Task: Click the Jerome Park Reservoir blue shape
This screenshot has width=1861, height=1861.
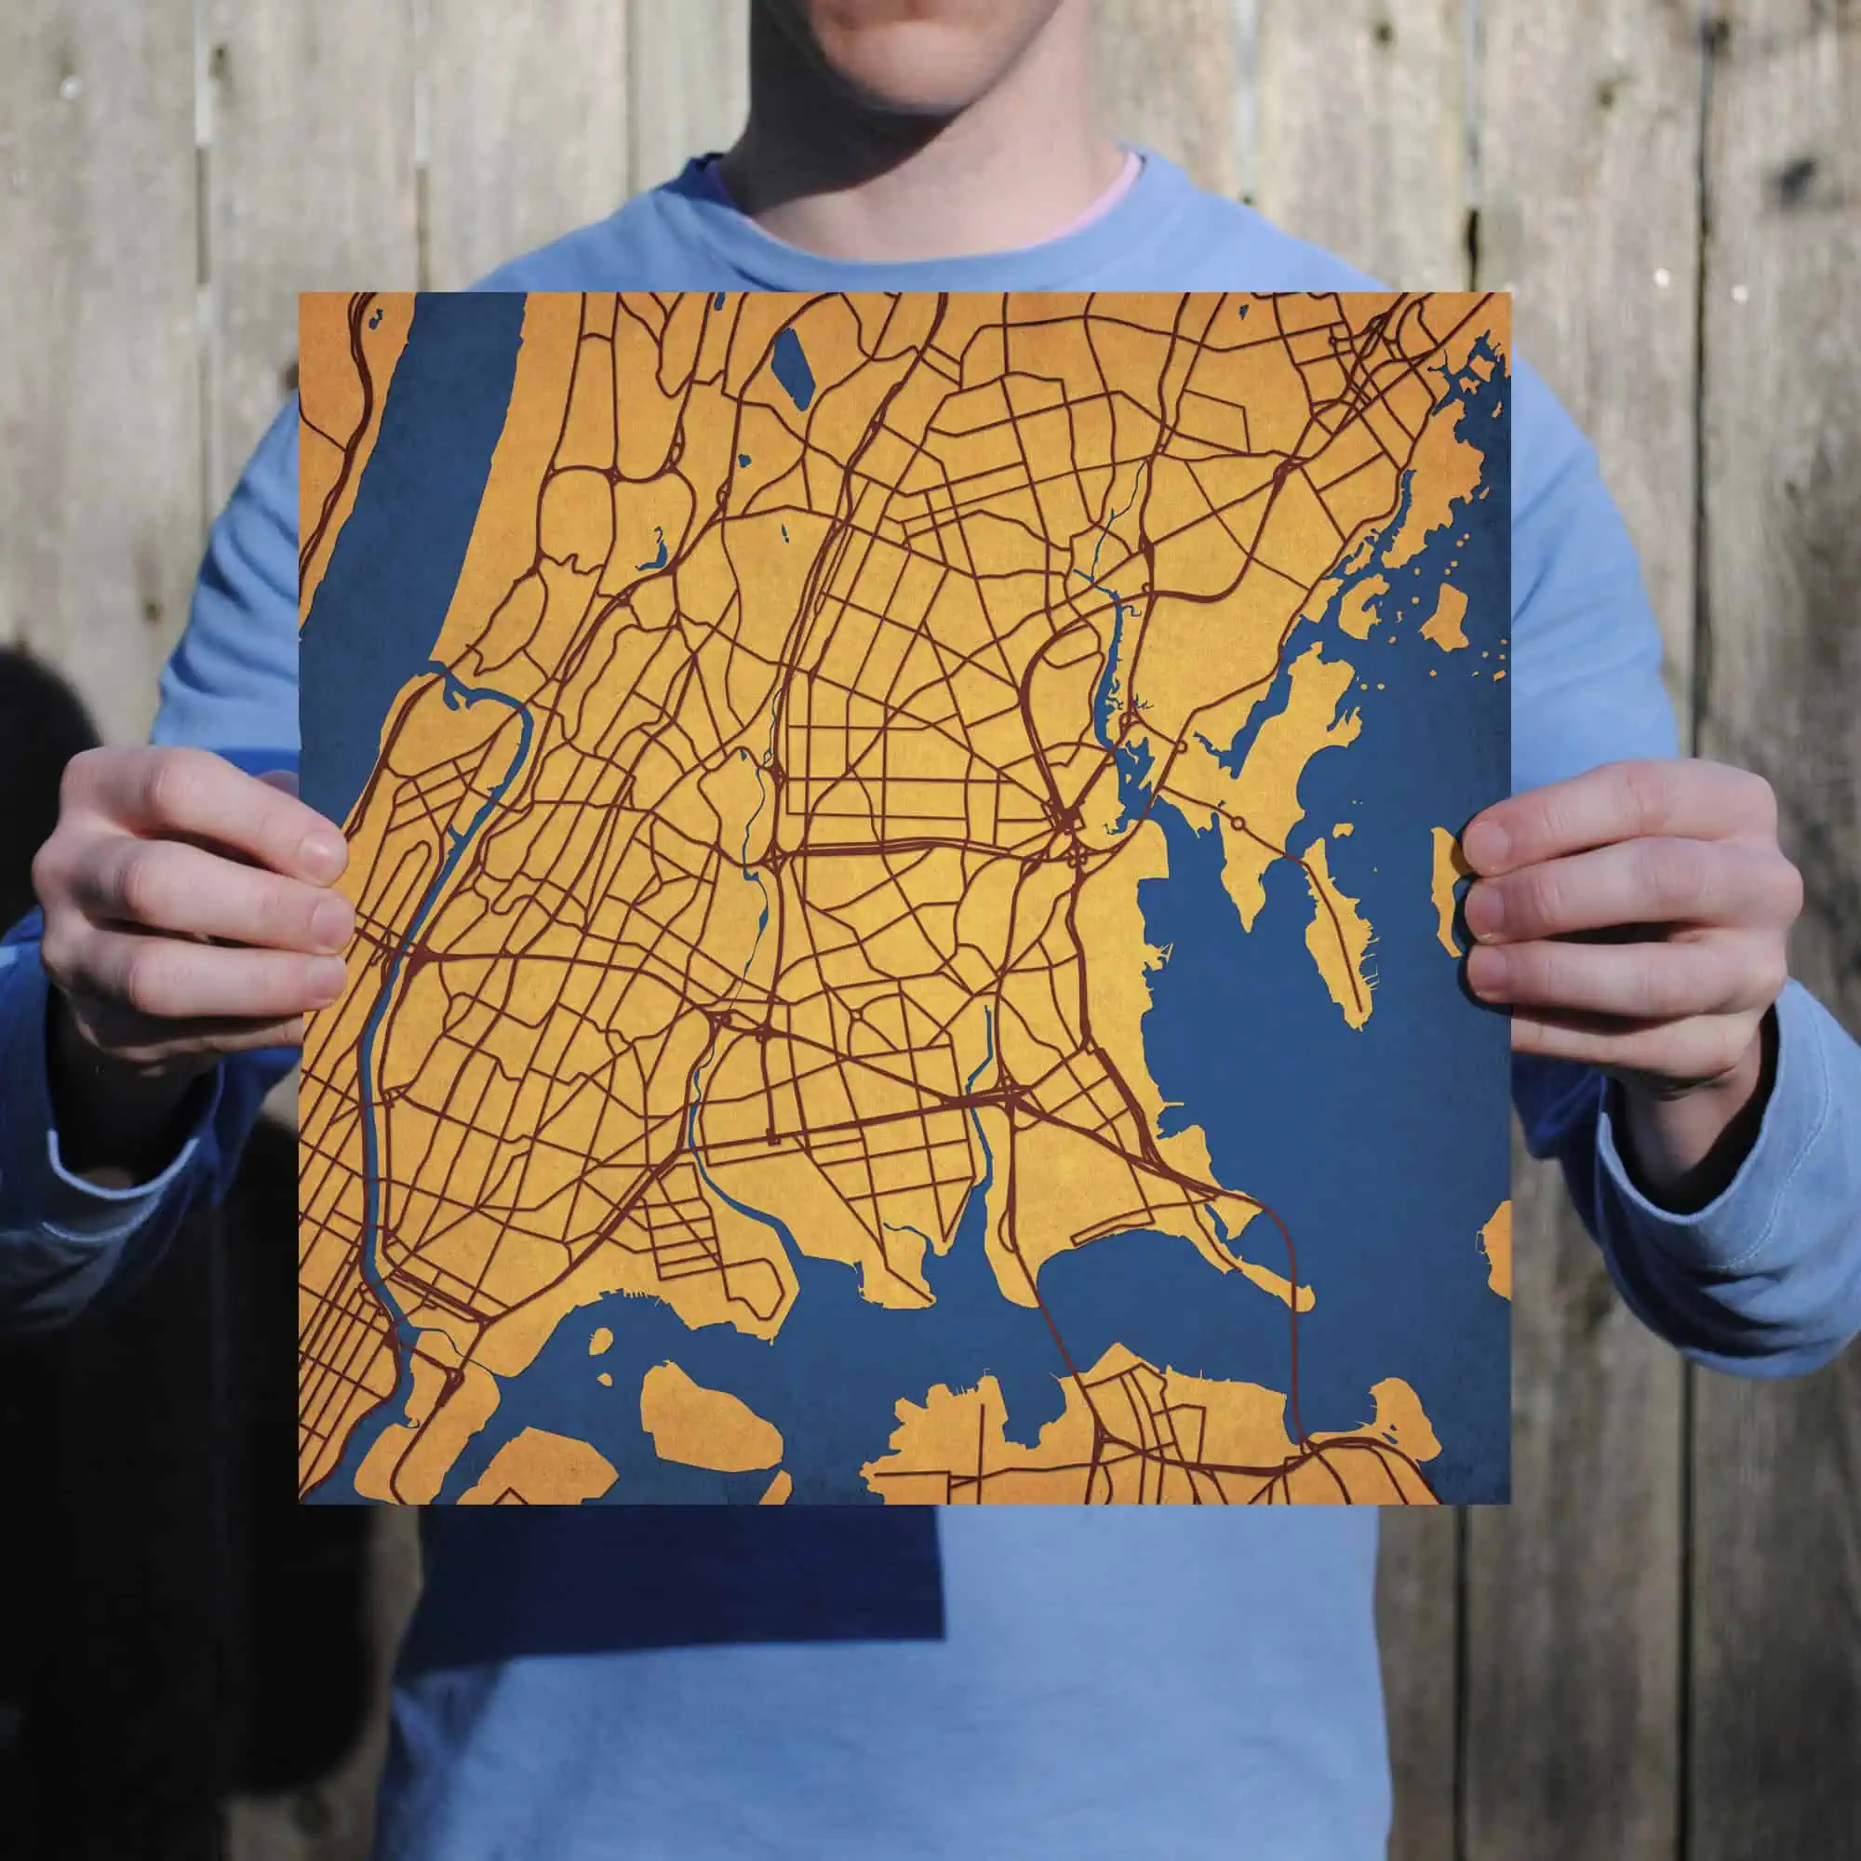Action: click(793, 367)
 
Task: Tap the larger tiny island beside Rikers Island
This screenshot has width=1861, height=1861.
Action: click(600, 1344)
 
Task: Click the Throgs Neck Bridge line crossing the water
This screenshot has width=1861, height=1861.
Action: click(1292, 1330)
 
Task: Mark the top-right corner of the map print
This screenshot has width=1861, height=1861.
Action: click(1508, 295)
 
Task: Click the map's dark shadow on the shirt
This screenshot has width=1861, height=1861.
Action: click(675, 1560)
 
